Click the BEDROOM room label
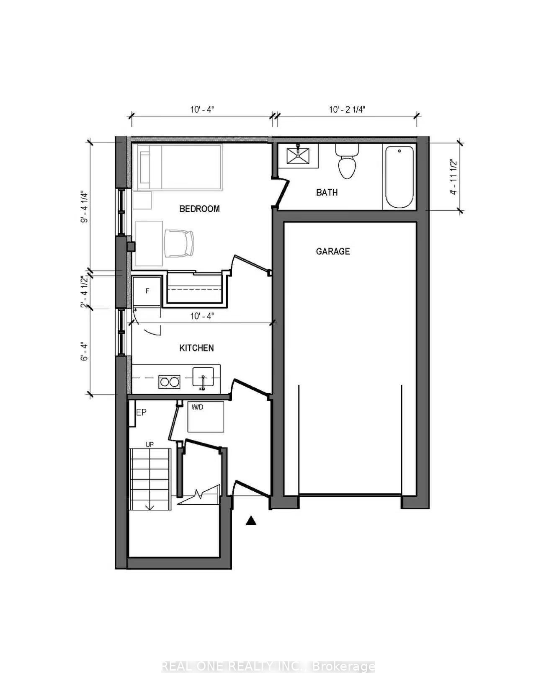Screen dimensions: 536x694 pyautogui.click(x=199, y=209)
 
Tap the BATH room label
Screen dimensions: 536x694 pyautogui.click(x=327, y=192)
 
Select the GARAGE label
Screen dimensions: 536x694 pyautogui.click(x=333, y=251)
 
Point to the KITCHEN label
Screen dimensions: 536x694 pyautogui.click(x=197, y=348)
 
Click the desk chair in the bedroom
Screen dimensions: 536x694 pyautogui.click(x=179, y=243)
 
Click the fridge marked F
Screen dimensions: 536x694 pyautogui.click(x=147, y=292)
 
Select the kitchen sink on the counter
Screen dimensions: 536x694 pyautogui.click(x=203, y=377)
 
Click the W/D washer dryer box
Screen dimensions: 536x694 pyautogui.click(x=205, y=416)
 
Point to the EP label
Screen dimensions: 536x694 pyautogui.click(x=142, y=412)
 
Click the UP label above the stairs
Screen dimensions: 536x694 pyautogui.click(x=149, y=444)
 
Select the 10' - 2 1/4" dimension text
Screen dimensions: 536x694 pyautogui.click(x=347, y=110)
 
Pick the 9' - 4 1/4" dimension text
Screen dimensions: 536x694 pyautogui.click(x=84, y=207)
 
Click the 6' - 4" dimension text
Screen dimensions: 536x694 pyautogui.click(x=85, y=352)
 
